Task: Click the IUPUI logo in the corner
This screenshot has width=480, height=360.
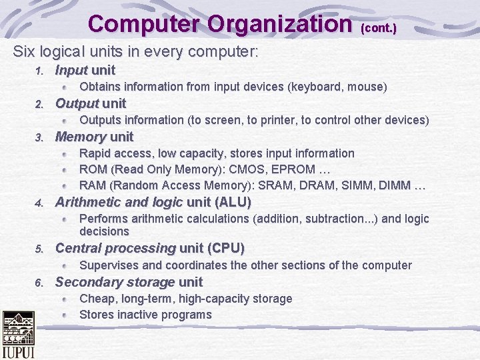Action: click(x=18, y=335)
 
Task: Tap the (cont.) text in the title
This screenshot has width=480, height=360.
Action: click(x=379, y=29)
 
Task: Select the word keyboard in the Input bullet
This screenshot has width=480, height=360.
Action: click(x=315, y=87)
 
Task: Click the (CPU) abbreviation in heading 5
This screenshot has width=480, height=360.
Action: click(x=226, y=249)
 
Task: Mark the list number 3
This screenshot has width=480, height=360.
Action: click(x=39, y=138)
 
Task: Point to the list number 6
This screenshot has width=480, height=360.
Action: click(x=39, y=283)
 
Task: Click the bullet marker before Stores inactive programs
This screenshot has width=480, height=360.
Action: click(x=65, y=315)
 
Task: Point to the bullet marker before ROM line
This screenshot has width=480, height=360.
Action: click(x=65, y=169)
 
